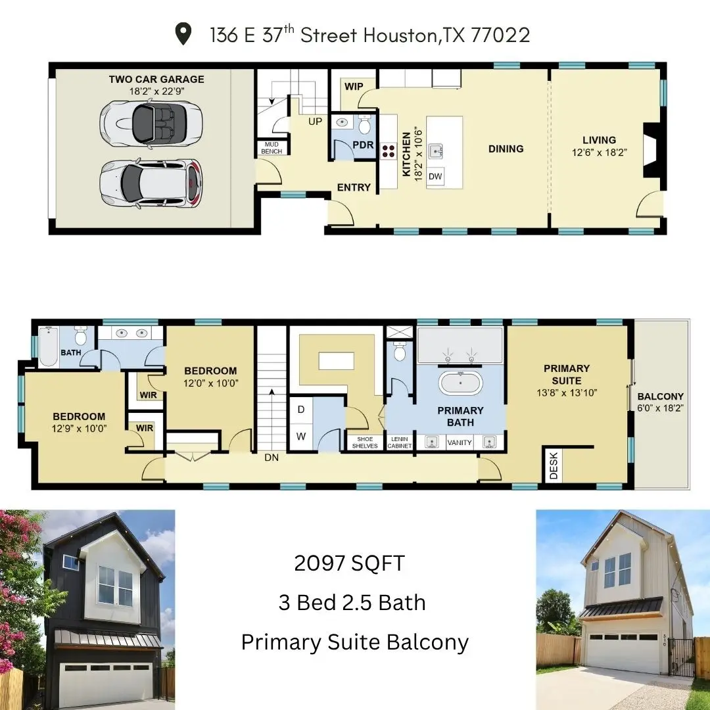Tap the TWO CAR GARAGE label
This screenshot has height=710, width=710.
[x=156, y=80]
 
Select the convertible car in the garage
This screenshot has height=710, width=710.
[x=152, y=123]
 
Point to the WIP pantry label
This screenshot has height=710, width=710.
[x=354, y=86]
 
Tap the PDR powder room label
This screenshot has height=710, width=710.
[x=363, y=145]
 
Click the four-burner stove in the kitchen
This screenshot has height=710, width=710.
[x=389, y=151]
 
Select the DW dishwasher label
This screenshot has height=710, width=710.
[x=435, y=176]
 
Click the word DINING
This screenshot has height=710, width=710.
[x=506, y=149]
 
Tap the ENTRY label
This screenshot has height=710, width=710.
[x=354, y=187]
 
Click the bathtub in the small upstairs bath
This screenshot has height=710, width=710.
[x=49, y=348]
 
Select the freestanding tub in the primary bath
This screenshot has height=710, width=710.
[x=460, y=382]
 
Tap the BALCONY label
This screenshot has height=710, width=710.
[x=660, y=396]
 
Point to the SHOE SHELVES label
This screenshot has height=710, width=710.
[x=364, y=442]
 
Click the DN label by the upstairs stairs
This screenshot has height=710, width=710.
[x=272, y=458]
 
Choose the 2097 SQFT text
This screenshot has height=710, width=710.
[x=349, y=563]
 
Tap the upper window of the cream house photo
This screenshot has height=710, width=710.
[x=617, y=569]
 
